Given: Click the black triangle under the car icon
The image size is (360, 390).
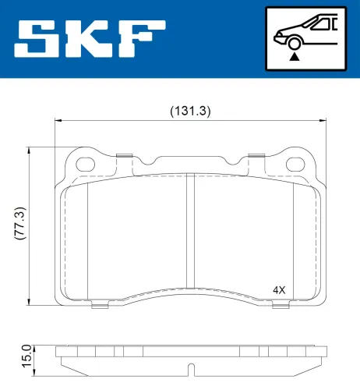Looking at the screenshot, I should (x=294, y=55).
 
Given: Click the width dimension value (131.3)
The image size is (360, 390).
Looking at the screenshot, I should (x=190, y=111).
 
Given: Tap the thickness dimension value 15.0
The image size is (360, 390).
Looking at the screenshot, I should (x=25, y=356).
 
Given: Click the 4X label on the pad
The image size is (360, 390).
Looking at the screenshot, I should (x=279, y=289).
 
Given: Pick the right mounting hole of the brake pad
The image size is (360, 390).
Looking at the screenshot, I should (x=296, y=165).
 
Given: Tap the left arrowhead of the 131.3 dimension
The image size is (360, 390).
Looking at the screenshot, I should (x=58, y=120).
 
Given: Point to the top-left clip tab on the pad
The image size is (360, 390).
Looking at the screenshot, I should (x=122, y=156).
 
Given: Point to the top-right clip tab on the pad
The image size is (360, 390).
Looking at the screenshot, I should (x=255, y=156).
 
